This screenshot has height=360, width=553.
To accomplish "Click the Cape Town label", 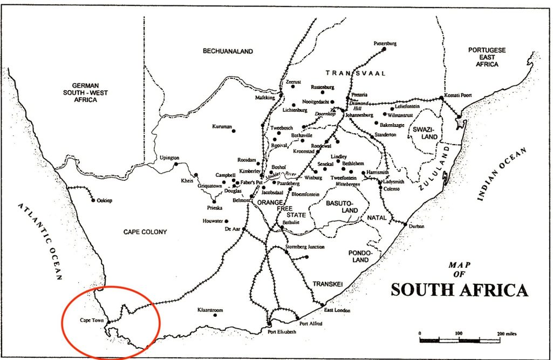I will click(91, 320).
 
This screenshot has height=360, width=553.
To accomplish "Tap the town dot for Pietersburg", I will click(384, 49).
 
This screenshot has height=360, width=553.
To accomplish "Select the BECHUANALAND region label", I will click(228, 51).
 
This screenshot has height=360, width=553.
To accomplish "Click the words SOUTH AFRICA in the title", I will click(459, 290).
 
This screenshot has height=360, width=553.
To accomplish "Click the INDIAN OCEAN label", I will click(502, 175).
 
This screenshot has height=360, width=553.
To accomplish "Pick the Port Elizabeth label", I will click(282, 332).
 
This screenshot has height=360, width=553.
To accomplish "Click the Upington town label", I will click(169, 158).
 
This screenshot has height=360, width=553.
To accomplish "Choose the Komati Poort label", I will click(459, 95).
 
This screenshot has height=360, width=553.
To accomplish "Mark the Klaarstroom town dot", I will click(215, 315).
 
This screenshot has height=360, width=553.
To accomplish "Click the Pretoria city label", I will click(359, 95).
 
